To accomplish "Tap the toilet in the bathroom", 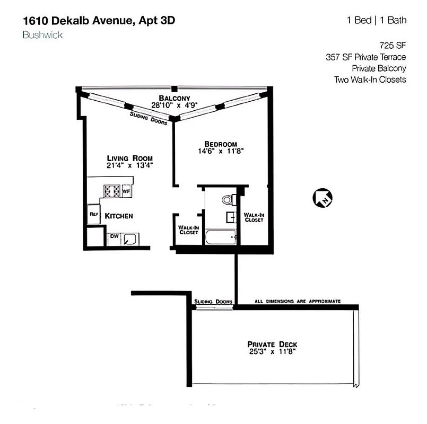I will [227, 200].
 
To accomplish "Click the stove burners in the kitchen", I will [112, 190].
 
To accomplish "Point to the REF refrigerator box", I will [94, 215].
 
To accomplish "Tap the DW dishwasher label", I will [114, 236].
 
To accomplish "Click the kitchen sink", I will [130, 239].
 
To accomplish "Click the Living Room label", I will [130, 158].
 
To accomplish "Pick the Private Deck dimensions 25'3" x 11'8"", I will [273, 351].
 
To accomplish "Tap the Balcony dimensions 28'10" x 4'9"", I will [175, 105].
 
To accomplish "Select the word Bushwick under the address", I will [43, 35].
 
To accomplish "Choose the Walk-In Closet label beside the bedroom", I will [254, 217].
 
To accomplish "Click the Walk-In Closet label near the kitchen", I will [188, 229].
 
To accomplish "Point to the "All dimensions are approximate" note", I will [297, 301].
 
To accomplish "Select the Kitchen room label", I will [118, 216].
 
